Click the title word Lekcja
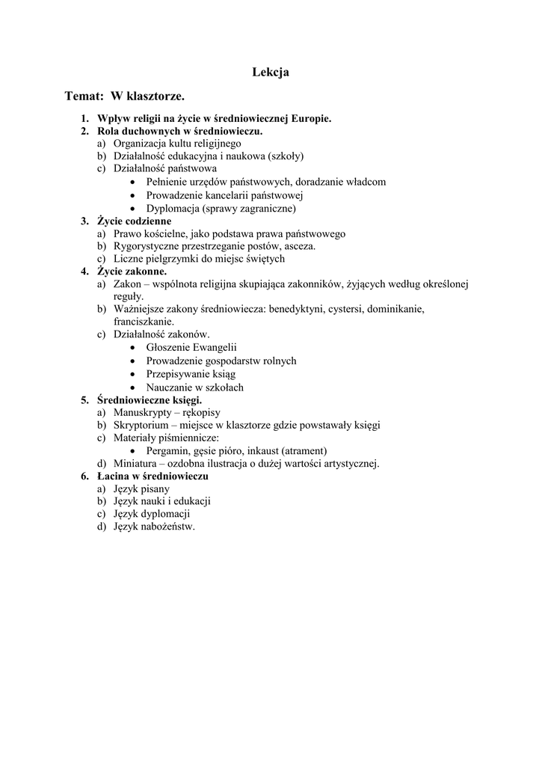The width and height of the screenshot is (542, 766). pyautogui.click(x=271, y=73)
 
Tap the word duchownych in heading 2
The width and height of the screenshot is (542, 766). pyautogui.click(x=153, y=131)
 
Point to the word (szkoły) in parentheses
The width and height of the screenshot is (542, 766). pyautogui.click(x=286, y=156)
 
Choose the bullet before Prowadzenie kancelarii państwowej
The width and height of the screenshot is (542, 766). pyautogui.click(x=132, y=195)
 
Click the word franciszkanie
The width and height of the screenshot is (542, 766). pyautogui.click(x=144, y=322)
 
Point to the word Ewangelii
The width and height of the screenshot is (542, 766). pyautogui.click(x=214, y=348)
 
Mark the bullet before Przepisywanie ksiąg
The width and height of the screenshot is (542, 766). pyautogui.click(x=132, y=374)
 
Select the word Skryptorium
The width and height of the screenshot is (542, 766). pyautogui.click(x=142, y=425)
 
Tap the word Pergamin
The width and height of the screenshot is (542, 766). pyautogui.click(x=167, y=451)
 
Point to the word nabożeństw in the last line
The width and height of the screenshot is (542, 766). pyautogui.click(x=168, y=527)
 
